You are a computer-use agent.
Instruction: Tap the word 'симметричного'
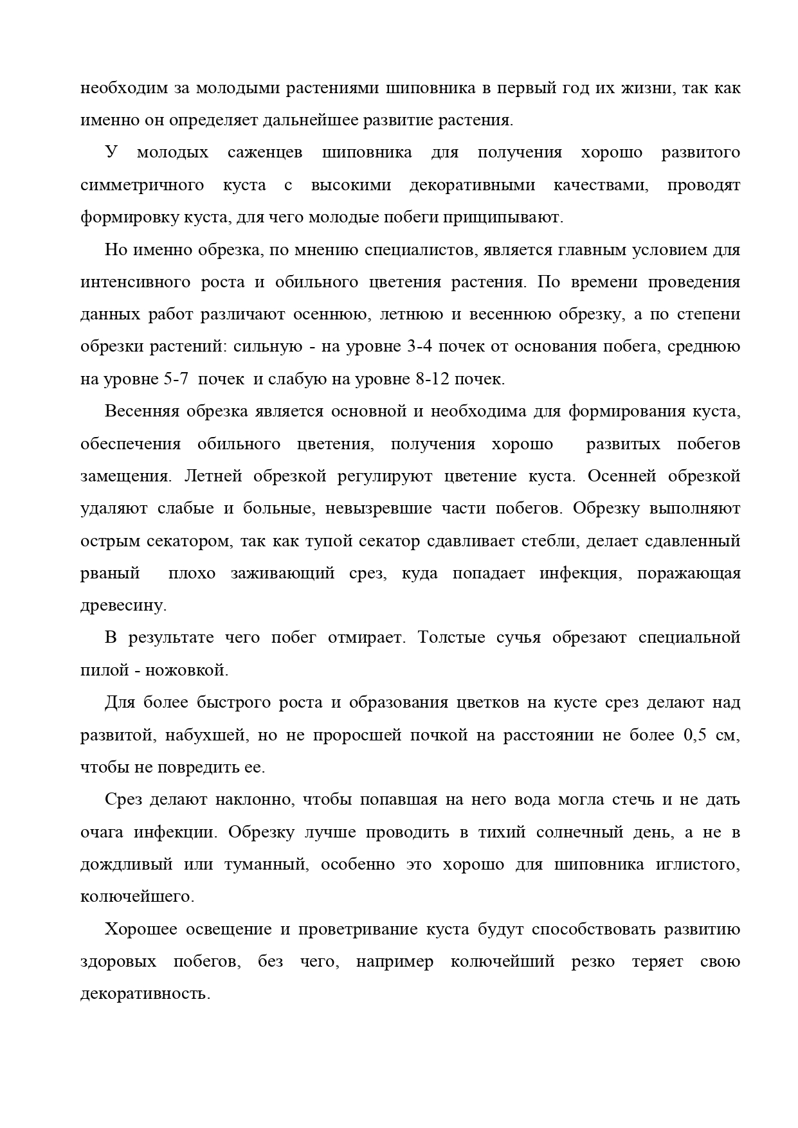pyautogui.click(x=142, y=185)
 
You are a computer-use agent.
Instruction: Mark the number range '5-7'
pyautogui.click(x=172, y=379)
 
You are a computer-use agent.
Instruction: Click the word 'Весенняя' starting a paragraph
pyautogui.click(x=142, y=411)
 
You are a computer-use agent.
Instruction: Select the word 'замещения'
pyautogui.click(x=125, y=476)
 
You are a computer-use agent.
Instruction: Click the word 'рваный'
pyautogui.click(x=110, y=573)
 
